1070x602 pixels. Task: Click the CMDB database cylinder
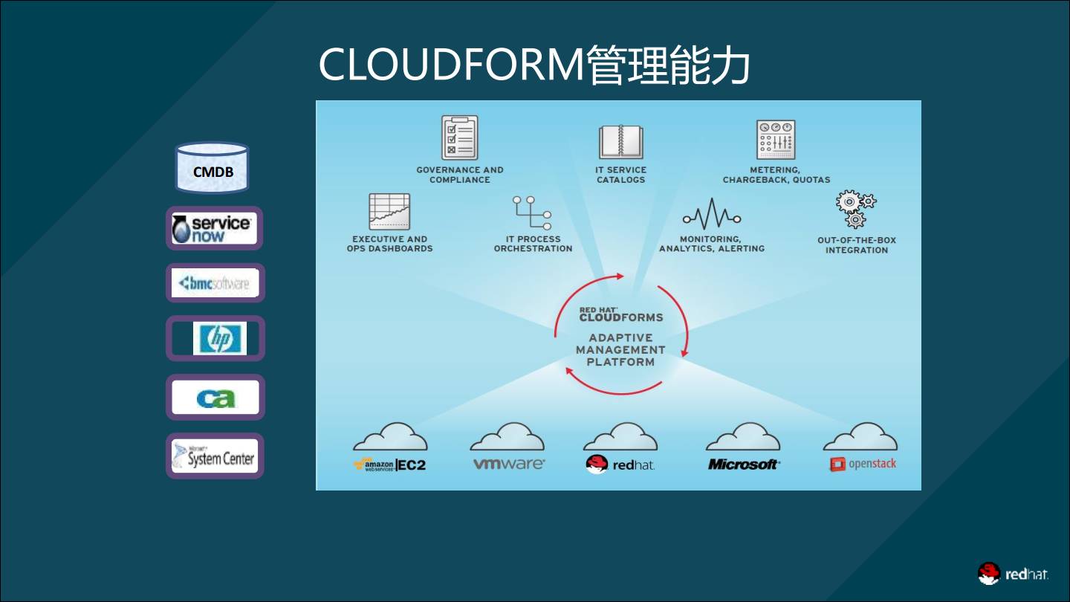(212, 167)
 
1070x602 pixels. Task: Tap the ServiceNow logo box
(214, 228)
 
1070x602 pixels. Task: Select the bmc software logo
(215, 283)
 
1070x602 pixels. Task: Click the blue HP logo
(218, 338)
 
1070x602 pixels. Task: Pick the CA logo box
(215, 398)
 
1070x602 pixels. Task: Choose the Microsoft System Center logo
(214, 456)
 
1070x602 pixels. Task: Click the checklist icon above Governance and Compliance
(459, 137)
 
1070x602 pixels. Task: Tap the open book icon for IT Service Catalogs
(620, 141)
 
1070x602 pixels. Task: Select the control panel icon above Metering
(776, 140)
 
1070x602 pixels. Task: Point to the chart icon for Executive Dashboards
(389, 211)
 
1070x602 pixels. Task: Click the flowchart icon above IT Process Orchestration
(533, 213)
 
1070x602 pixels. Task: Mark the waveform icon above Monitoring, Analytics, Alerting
(711, 215)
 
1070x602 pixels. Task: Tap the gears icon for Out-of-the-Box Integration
(856, 209)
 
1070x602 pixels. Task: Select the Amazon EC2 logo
(389, 465)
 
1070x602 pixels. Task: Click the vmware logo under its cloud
(509, 465)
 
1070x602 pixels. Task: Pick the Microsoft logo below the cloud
(743, 465)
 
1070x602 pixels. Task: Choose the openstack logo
(863, 464)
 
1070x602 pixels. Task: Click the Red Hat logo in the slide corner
(1013, 574)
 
